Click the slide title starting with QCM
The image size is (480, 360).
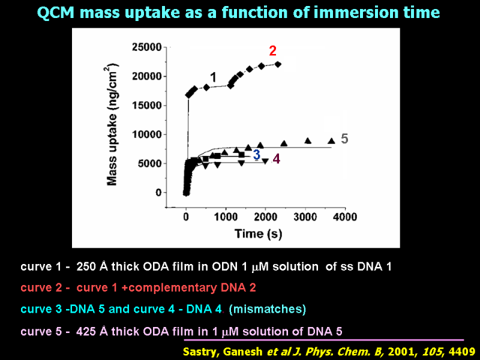click(238, 13)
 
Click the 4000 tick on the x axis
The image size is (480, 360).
click(344, 216)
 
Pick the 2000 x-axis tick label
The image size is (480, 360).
click(265, 216)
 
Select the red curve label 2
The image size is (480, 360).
click(272, 50)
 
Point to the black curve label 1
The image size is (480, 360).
click(213, 76)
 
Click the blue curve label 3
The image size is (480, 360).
click(256, 155)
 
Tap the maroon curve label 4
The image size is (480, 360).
click(276, 159)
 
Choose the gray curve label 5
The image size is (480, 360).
click(344, 139)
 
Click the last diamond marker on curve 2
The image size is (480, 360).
click(278, 64)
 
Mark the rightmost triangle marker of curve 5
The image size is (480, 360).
click(331, 141)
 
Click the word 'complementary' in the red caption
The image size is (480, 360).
click(170, 287)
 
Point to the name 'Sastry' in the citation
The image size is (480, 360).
click(201, 351)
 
